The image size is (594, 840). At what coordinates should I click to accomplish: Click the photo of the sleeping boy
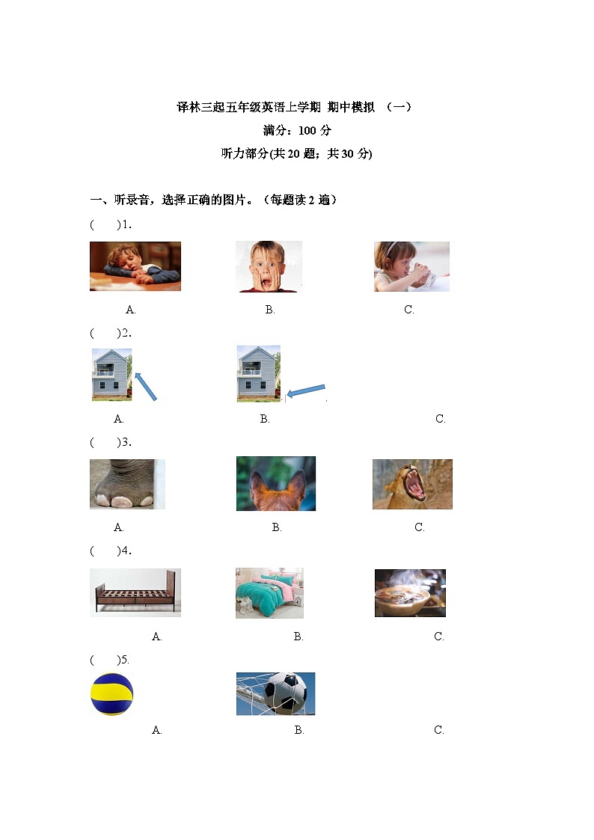[x=135, y=266]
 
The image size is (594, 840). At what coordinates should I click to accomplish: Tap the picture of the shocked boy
[x=269, y=266]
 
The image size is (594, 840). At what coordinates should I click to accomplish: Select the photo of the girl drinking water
[x=411, y=266]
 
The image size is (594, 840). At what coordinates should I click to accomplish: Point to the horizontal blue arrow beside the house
[x=307, y=390]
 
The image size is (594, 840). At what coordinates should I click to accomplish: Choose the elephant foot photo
[x=127, y=484]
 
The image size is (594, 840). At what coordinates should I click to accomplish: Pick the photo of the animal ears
[x=275, y=484]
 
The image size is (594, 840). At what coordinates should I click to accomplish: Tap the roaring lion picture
[x=412, y=484]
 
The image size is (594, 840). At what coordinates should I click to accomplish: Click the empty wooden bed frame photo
[x=135, y=592]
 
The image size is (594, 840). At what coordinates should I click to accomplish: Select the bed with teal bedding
[x=269, y=592]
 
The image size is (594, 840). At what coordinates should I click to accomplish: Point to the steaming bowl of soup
[x=410, y=592]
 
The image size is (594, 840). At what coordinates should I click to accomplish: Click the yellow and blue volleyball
[x=111, y=694]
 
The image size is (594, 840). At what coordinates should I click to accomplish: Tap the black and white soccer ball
[x=275, y=693]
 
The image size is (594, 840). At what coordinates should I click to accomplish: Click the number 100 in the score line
[x=307, y=131]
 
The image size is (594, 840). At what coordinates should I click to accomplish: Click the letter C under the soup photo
[x=439, y=637]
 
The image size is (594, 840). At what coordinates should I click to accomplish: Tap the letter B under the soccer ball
[x=299, y=730]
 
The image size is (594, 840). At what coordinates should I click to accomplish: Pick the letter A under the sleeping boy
[x=131, y=310]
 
